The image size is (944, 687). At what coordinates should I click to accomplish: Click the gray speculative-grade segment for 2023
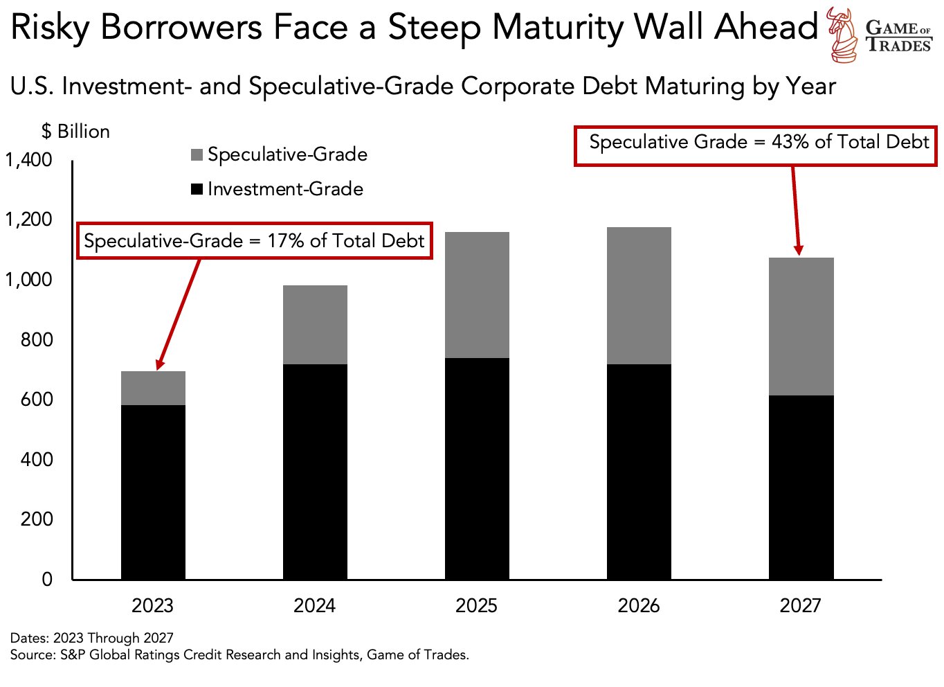[153, 389]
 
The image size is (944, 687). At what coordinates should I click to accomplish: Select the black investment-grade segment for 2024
[315, 471]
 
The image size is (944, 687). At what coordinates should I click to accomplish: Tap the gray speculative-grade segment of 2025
[477, 295]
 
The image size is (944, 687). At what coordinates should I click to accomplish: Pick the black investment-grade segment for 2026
[639, 471]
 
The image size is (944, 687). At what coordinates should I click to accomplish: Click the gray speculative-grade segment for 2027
[801, 327]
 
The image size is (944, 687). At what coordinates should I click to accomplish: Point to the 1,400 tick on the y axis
[29, 160]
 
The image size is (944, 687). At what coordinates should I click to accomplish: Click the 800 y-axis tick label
[36, 339]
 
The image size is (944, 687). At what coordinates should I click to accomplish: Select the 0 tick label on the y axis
[47, 579]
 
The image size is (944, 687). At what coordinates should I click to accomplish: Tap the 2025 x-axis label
[476, 605]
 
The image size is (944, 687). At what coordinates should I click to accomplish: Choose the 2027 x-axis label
[800, 605]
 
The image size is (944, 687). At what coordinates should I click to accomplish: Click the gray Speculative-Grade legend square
[197, 154]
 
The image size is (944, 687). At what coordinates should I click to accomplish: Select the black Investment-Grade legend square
[197, 189]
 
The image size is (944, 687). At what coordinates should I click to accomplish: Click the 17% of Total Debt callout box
[254, 241]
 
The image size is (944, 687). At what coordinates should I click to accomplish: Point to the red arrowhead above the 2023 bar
[160, 364]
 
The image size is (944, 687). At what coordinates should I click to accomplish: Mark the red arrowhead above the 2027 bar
[798, 250]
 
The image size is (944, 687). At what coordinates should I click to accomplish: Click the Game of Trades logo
[880, 35]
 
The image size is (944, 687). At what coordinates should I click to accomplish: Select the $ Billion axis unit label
[75, 132]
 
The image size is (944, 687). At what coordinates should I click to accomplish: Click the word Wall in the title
[669, 28]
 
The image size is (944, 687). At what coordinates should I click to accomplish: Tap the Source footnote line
[239, 654]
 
